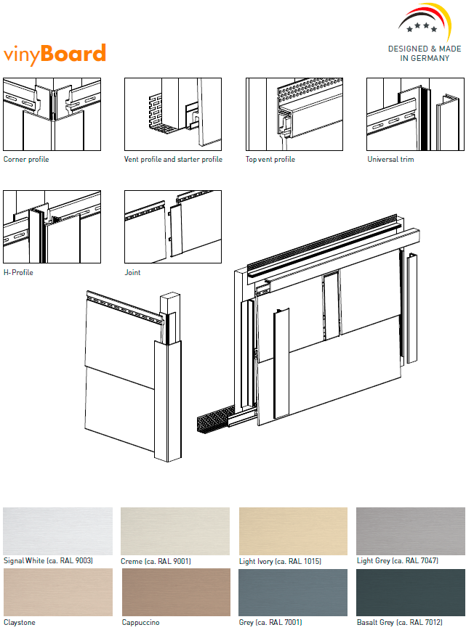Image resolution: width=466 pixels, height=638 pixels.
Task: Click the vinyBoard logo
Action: tap(55, 54)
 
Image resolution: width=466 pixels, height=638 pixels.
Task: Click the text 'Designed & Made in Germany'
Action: tap(425, 54)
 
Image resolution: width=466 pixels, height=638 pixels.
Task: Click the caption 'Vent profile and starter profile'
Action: tap(173, 160)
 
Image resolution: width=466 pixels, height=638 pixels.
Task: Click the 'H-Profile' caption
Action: tap(18, 273)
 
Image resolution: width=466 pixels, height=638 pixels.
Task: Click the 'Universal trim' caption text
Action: tap(390, 160)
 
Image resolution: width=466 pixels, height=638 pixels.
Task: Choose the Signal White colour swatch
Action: tap(58, 531)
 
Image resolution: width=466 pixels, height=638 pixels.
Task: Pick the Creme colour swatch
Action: tap(175, 531)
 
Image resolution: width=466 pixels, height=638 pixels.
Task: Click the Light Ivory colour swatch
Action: tap(293, 531)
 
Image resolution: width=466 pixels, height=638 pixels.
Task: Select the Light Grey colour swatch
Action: tap(410, 531)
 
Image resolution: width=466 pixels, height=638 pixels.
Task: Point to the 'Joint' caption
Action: tap(133, 273)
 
